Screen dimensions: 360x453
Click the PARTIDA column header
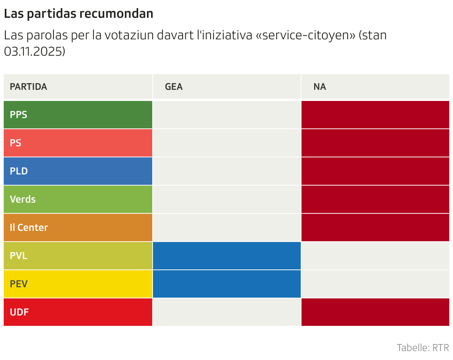point(29,87)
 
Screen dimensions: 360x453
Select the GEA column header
point(174,87)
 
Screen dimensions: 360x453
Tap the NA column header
point(320,87)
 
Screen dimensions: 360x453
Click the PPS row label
point(19,115)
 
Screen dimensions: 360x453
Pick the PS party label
point(16,143)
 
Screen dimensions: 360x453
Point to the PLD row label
point(19,171)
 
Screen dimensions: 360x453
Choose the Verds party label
point(23,199)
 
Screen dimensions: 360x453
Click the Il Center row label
point(29,228)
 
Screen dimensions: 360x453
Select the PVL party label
point(19,256)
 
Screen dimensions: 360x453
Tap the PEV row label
point(19,284)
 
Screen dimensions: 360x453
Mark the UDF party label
point(19,312)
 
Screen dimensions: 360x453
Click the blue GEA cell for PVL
point(226,256)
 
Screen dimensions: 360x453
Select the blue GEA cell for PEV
point(226,284)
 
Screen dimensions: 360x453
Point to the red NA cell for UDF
point(375,312)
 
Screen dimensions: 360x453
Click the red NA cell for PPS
point(375,115)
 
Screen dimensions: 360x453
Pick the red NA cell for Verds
point(375,199)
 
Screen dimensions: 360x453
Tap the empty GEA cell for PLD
point(226,171)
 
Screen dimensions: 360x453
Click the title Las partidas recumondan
point(78,14)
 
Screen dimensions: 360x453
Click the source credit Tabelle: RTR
point(423,348)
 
